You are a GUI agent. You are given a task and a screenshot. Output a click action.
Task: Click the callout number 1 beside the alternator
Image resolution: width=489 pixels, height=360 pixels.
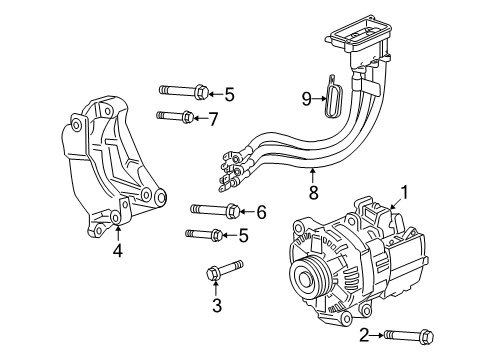point(404,191)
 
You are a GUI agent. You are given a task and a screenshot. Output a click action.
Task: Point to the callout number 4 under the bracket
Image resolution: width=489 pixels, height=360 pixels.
point(117,252)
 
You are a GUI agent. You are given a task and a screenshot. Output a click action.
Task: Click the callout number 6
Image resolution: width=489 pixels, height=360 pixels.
point(261,211)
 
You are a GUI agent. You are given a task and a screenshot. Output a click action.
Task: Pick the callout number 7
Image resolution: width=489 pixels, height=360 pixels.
point(212,119)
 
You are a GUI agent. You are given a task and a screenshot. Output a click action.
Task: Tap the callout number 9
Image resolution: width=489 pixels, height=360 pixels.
point(308,97)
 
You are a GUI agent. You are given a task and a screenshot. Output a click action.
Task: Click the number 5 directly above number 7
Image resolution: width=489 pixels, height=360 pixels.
point(229,95)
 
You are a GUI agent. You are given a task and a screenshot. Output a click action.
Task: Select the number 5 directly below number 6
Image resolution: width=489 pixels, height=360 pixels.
point(243,236)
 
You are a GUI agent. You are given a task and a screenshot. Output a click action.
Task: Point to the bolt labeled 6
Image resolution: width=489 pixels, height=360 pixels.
point(213,210)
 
